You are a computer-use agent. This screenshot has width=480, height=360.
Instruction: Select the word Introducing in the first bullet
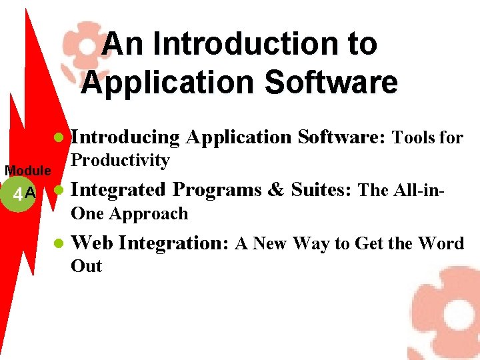click(125, 137)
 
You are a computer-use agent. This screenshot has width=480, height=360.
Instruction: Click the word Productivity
click(120, 161)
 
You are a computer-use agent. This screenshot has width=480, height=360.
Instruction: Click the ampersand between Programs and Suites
click(275, 190)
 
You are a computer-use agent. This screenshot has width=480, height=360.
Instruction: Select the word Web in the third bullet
click(91, 243)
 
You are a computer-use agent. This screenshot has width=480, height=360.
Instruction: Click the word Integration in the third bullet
click(175, 243)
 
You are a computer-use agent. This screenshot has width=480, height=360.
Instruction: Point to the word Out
click(86, 266)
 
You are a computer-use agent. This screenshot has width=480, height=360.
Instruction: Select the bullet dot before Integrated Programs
click(58, 191)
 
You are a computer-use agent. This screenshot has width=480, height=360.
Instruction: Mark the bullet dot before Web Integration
click(58, 244)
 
